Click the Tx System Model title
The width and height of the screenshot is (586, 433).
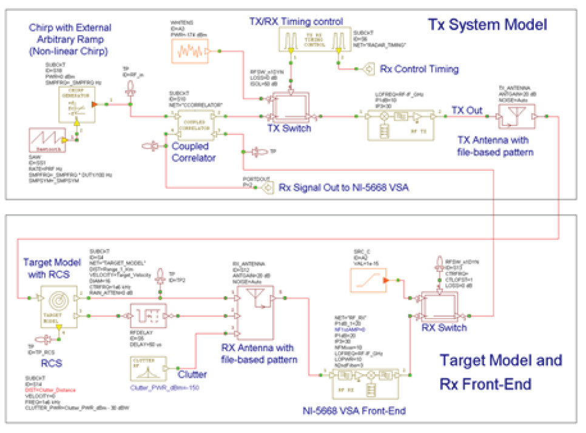point(487,25)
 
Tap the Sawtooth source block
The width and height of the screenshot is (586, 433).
point(47,140)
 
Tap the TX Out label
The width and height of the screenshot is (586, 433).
point(466,110)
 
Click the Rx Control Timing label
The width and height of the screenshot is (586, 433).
point(419,69)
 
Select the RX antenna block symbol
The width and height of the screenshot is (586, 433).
point(257,310)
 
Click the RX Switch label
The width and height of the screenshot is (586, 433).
point(444,328)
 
